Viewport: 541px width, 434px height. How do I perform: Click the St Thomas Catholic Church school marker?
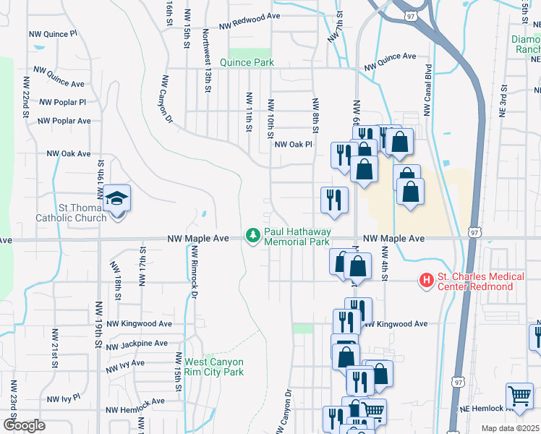(116, 198)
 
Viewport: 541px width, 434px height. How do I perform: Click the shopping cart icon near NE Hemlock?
(519, 396)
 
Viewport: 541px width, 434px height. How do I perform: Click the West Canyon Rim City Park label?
(214, 367)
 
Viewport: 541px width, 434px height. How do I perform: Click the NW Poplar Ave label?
(64, 121)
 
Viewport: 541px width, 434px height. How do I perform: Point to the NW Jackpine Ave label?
(137, 344)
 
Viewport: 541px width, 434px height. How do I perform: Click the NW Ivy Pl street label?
(63, 399)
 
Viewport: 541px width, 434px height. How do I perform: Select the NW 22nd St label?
(26, 97)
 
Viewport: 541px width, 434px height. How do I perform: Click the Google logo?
(24, 425)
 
